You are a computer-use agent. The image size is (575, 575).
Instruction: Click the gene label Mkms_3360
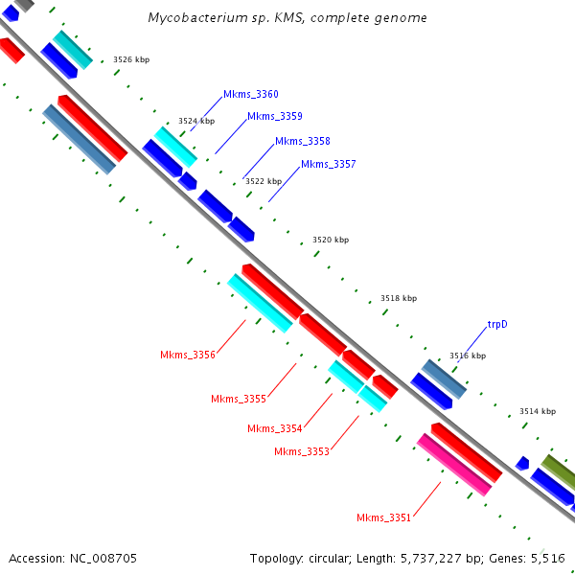point(250,94)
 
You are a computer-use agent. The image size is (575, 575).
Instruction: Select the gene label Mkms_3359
point(274,117)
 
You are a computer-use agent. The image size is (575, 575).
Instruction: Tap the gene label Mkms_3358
point(302,142)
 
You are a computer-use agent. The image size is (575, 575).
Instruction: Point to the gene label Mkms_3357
point(328,165)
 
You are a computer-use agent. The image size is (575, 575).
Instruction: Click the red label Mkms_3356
point(188,355)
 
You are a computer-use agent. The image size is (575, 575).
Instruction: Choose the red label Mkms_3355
point(239,399)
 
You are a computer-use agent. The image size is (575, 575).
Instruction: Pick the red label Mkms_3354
point(274,428)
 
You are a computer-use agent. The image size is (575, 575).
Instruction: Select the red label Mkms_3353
point(301,451)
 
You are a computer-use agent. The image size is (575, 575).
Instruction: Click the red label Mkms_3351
point(383,517)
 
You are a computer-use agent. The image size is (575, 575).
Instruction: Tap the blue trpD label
point(497,324)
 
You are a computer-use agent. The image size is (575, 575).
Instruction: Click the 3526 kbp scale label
point(131,59)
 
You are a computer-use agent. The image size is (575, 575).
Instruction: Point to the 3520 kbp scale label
point(331,241)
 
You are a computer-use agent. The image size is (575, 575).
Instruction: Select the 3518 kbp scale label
point(399,298)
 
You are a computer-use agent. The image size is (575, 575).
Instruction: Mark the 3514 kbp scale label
point(538,411)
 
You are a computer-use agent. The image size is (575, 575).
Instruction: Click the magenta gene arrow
point(453,464)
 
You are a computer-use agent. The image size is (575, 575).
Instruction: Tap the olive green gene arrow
point(559,471)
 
